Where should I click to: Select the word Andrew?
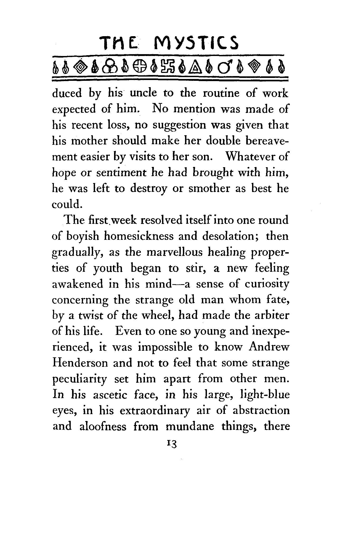click(x=269, y=347)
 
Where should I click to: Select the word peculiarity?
click(x=80, y=380)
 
